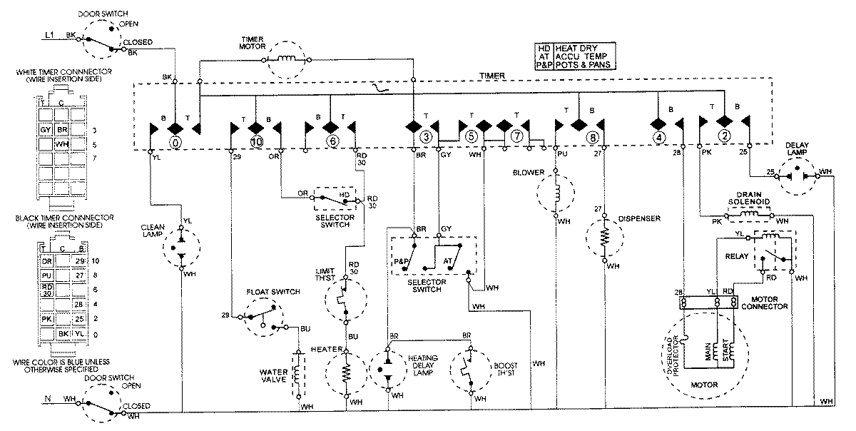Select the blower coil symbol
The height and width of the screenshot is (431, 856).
pos(557,193)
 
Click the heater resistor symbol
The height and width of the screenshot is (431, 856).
pos(347,373)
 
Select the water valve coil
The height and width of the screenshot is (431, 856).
pos(297,375)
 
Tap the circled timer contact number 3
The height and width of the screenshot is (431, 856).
pos(426,137)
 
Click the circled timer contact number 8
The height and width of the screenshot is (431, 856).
pos(591,137)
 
